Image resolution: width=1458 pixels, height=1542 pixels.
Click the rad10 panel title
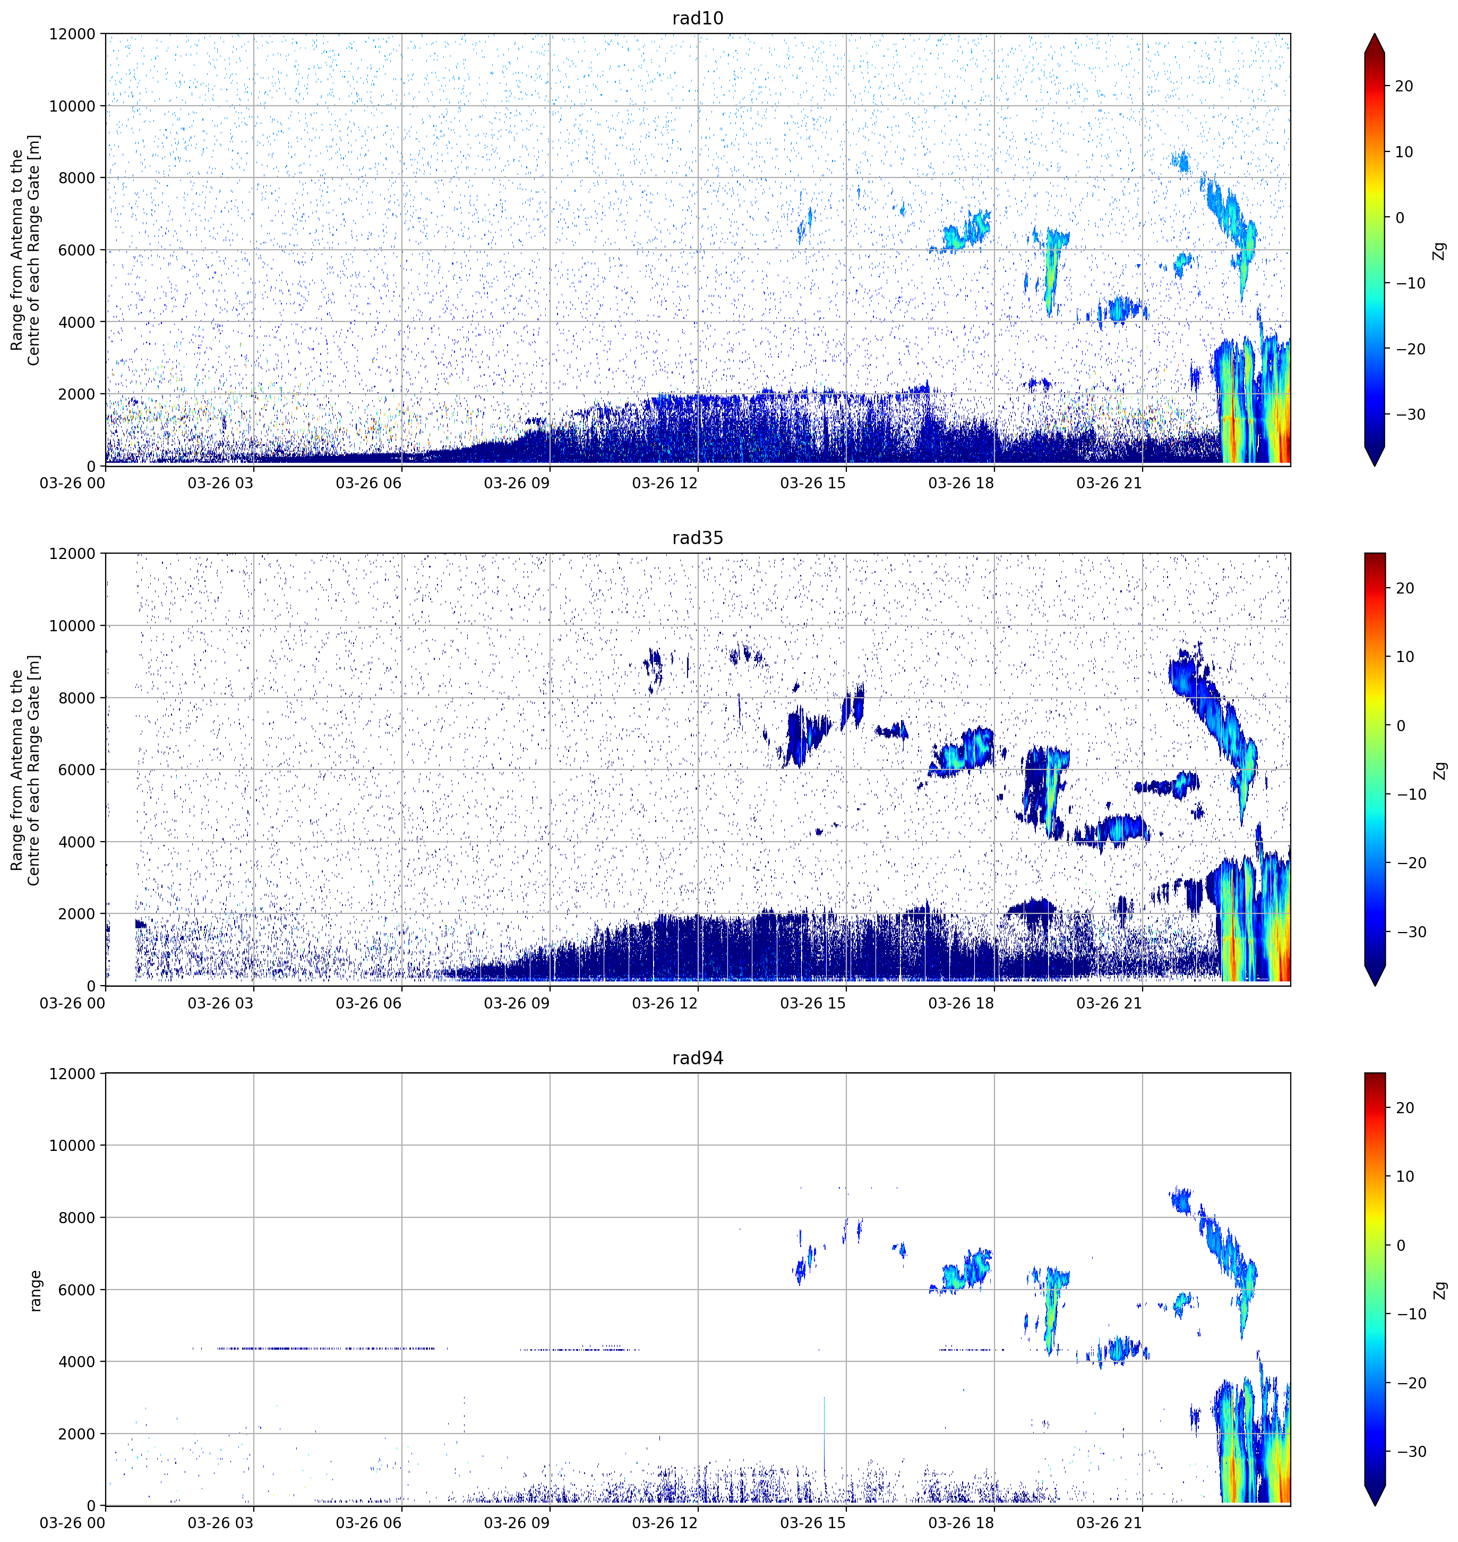(697, 18)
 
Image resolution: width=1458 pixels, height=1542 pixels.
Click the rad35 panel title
(697, 538)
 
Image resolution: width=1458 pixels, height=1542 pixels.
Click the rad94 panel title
(697, 1058)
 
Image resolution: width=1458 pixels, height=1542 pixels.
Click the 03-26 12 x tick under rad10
(665, 483)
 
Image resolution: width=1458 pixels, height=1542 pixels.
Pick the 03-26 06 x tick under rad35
(368, 1003)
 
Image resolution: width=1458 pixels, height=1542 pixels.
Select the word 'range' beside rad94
(35, 1291)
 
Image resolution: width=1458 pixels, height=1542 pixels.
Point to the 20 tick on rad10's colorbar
(1404, 86)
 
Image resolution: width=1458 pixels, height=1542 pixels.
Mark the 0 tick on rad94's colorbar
(1401, 1246)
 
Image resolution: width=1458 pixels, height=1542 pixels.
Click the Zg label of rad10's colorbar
(1440, 250)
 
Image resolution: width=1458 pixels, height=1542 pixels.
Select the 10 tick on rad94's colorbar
(1404, 1176)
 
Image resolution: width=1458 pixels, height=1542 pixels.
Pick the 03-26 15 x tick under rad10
(813, 483)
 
